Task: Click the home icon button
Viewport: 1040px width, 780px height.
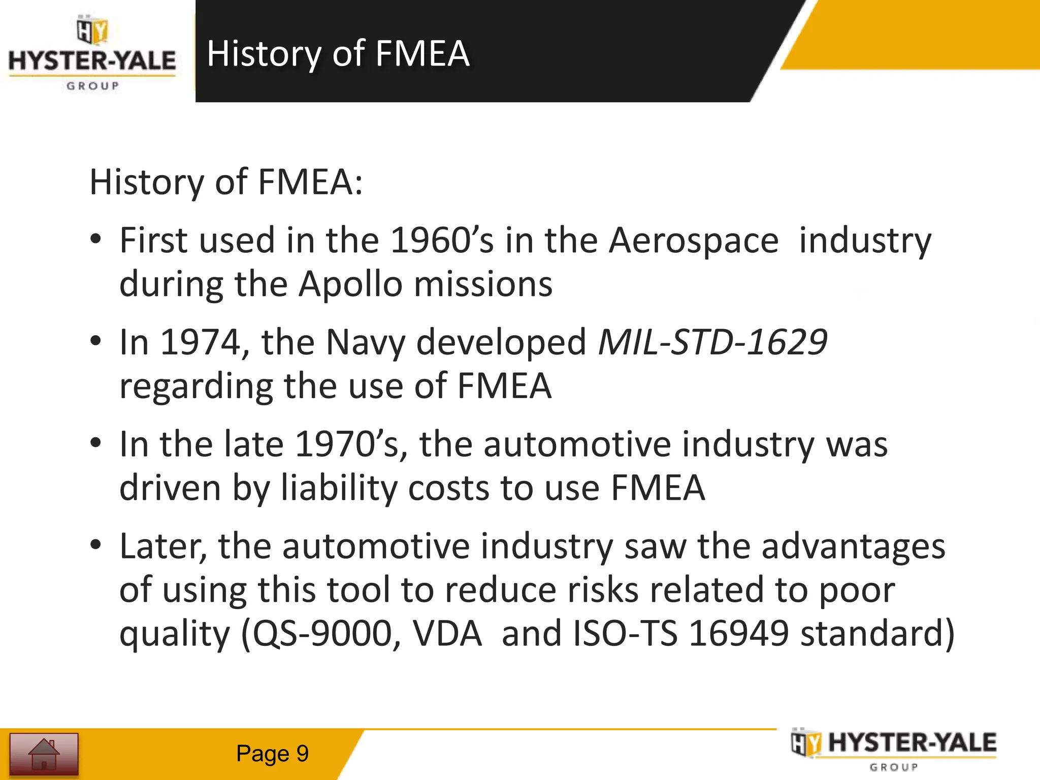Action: coord(44,754)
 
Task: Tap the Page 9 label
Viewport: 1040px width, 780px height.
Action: coord(272,754)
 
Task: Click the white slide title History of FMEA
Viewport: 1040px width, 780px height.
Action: coord(338,53)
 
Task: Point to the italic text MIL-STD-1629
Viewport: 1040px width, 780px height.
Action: coord(712,342)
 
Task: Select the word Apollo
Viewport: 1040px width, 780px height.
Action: coord(350,284)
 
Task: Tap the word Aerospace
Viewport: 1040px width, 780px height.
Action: coord(694,240)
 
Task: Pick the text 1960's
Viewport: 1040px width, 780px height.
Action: coord(442,240)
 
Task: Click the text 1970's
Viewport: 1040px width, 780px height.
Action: coord(351,444)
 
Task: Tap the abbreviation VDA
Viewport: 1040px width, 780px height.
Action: coord(447,634)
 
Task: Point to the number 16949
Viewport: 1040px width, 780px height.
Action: coord(739,634)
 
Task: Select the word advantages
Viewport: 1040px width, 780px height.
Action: coord(853,547)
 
